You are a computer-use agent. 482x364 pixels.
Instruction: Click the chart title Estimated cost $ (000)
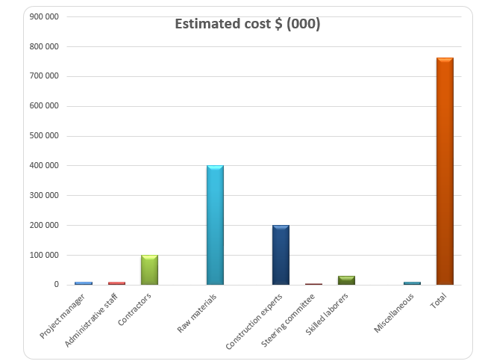(x=247, y=24)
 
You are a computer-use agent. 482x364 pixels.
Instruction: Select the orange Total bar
(x=445, y=171)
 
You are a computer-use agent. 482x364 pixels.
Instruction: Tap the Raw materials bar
(x=215, y=225)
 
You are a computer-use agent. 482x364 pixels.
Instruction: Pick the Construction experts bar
(x=281, y=255)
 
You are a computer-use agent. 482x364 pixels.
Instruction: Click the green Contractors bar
(x=149, y=270)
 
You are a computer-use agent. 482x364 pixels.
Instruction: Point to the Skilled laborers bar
(x=346, y=280)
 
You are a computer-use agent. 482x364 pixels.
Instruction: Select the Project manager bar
(x=84, y=283)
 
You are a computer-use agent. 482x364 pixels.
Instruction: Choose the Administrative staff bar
(x=116, y=283)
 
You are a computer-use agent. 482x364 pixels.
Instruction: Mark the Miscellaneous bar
(x=412, y=283)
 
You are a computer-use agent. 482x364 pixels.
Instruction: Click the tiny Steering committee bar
(x=313, y=284)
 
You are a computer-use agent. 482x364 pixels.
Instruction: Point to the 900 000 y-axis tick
(x=44, y=16)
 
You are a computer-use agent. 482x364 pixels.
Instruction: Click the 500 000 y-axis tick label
(x=44, y=136)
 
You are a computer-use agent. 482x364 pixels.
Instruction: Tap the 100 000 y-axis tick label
(x=44, y=255)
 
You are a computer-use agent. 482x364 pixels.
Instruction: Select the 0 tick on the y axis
(x=56, y=285)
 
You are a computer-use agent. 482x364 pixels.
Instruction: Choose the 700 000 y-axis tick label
(x=44, y=76)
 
